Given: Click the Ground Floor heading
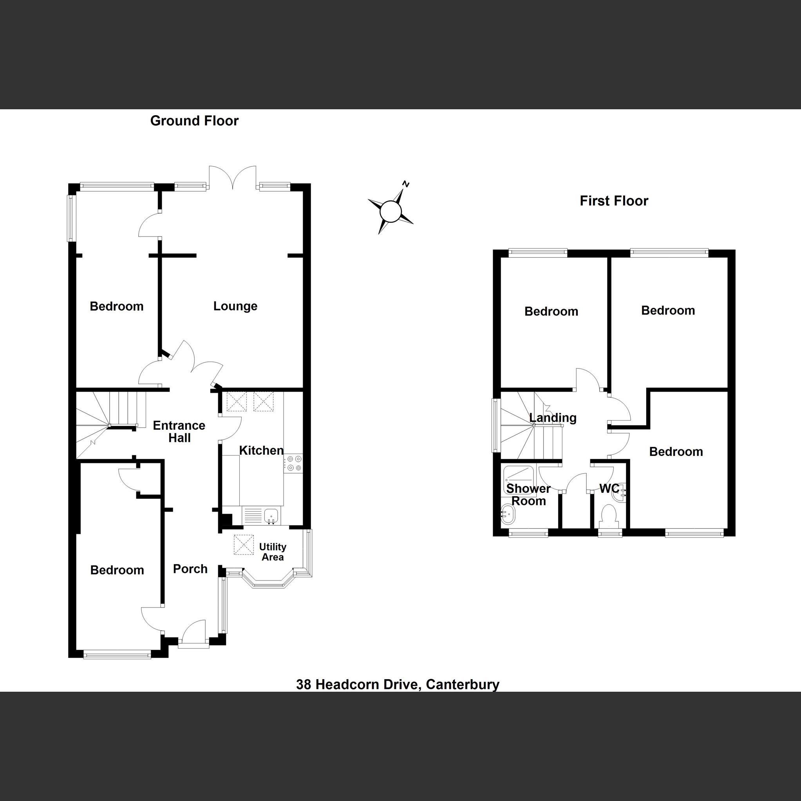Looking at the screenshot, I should pos(194,121).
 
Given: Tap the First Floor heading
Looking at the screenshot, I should pos(614,201).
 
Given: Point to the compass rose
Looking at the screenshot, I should pos(391,211).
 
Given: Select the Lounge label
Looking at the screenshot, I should pos(235,306).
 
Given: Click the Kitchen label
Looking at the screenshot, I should pos(261,450).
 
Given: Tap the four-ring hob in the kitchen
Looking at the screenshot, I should pos(293,463).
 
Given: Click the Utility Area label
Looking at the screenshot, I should pos(272,552).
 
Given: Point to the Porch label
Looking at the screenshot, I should pos(190,569).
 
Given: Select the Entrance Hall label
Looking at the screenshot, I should pos(179,431).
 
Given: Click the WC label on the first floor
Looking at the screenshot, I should pos(609,489).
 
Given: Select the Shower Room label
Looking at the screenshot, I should pos(528,495).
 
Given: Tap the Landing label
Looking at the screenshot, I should pos(553,418).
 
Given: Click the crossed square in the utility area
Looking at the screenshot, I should pos(244,544).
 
